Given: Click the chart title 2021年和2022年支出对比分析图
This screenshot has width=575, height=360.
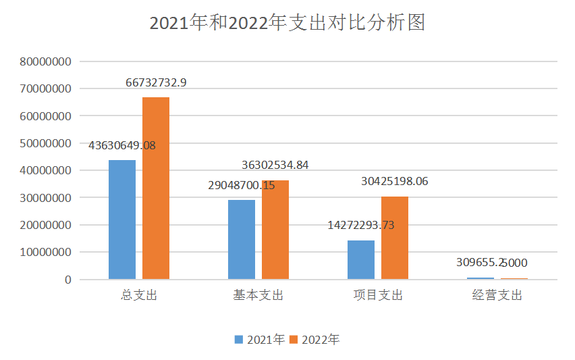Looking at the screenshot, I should (287, 24).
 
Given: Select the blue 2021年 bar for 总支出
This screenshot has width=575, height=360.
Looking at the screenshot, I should (122, 220).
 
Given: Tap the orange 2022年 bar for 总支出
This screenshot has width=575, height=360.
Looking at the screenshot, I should (156, 188).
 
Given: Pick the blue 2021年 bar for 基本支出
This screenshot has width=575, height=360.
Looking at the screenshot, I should (242, 240).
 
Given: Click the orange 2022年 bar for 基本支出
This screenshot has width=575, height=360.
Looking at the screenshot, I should (275, 230).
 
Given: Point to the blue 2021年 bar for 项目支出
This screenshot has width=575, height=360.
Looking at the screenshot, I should (361, 260).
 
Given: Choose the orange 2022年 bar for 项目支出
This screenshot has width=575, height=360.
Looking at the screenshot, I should (395, 238).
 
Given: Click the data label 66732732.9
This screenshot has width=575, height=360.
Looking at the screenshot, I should (156, 82).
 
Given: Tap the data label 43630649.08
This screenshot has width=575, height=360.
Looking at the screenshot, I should (122, 145).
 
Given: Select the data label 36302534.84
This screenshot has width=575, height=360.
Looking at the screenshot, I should (275, 165).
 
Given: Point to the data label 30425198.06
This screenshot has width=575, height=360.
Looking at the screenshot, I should (395, 181).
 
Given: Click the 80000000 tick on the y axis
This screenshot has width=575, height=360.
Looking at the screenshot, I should (46, 61).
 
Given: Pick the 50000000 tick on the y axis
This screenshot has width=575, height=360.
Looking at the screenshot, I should (46, 143).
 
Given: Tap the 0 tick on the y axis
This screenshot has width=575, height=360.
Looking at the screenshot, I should (68, 280).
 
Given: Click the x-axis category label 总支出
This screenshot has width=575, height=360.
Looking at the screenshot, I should (139, 296).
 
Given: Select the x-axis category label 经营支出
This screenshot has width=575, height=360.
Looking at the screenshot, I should (497, 296).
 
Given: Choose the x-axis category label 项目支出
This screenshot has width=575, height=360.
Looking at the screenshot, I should (378, 296).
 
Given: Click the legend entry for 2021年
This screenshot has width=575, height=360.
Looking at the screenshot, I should (259, 339).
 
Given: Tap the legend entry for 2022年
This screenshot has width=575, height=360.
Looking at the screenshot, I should (314, 339).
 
